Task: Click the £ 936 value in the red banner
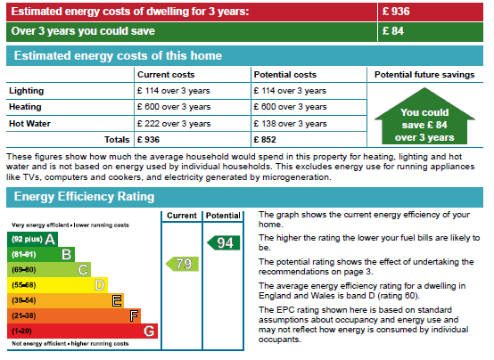tap(396, 12)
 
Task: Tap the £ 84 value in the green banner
tap(393, 31)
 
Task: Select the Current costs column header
tap(166, 75)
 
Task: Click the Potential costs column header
tap(285, 75)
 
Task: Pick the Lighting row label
tap(27, 91)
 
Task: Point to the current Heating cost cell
tap(174, 107)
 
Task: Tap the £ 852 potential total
tap(265, 140)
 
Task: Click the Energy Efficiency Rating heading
tap(84, 197)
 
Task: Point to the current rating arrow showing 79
tap(182, 264)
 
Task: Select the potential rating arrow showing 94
tap(224, 243)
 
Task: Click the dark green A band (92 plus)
tap(32, 240)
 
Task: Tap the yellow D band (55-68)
tap(57, 285)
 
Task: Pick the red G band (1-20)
tap(82, 331)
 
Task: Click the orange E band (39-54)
tap(65, 300)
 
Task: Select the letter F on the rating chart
tap(134, 315)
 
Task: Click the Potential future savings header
tap(424, 75)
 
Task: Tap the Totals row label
tap(117, 140)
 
